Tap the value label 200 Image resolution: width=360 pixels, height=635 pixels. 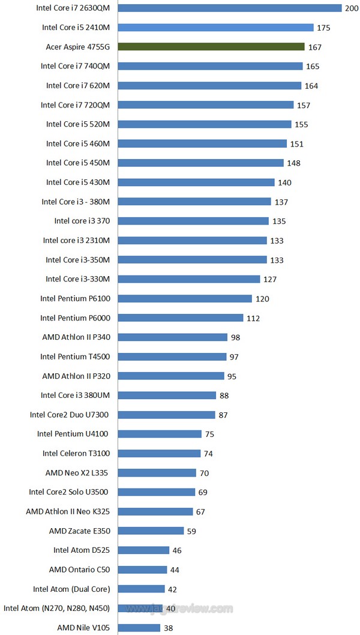pyautogui.click(x=352, y=8)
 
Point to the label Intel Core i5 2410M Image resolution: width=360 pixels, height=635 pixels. pyautogui.click(x=76, y=28)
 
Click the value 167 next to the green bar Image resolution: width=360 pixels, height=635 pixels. pyautogui.click(x=315, y=47)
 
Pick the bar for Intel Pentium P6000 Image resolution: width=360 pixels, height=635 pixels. pyautogui.click(x=181, y=317)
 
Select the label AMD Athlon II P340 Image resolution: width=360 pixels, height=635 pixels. pyautogui.click(x=76, y=337)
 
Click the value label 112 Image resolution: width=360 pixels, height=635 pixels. pyautogui.click(x=253, y=318)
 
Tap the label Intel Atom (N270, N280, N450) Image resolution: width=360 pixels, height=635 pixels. pyautogui.click(x=56, y=608)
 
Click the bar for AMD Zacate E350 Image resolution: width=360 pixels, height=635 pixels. pyautogui.click(x=151, y=531)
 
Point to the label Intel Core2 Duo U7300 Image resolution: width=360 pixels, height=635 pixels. pyautogui.click(x=70, y=415)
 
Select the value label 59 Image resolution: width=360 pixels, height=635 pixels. pyautogui.click(x=191, y=531)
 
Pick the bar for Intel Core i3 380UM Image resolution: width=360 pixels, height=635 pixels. pyautogui.click(x=167, y=395)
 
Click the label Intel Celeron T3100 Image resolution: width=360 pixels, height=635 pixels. pyautogui.click(x=76, y=453)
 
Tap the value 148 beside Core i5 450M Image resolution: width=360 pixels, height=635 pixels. pyautogui.click(x=293, y=163)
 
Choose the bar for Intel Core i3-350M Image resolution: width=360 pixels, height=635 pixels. pyautogui.click(x=192, y=259)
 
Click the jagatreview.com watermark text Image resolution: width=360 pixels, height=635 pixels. pyautogui.click(x=192, y=609)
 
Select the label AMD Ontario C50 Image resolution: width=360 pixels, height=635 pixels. pyautogui.click(x=79, y=569)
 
